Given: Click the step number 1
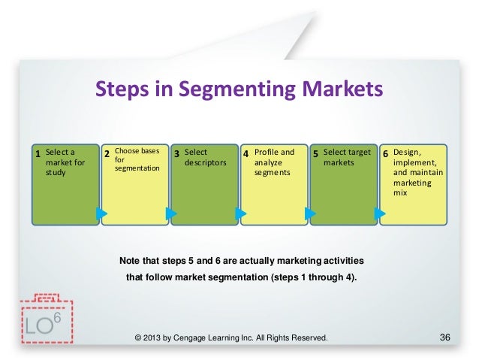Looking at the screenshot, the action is pos(38,154).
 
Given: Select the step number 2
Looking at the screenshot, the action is pos(107,154).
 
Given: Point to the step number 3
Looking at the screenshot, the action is pos(176,154).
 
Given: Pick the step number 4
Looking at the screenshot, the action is pos(246,154).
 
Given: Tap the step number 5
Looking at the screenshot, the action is pos(315,154).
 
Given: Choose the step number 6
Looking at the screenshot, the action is pos(385,154).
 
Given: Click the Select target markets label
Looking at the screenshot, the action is pos(347,157).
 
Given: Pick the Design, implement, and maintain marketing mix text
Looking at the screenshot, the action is pos(417,172).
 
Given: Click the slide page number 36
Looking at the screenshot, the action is pos(443,337).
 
